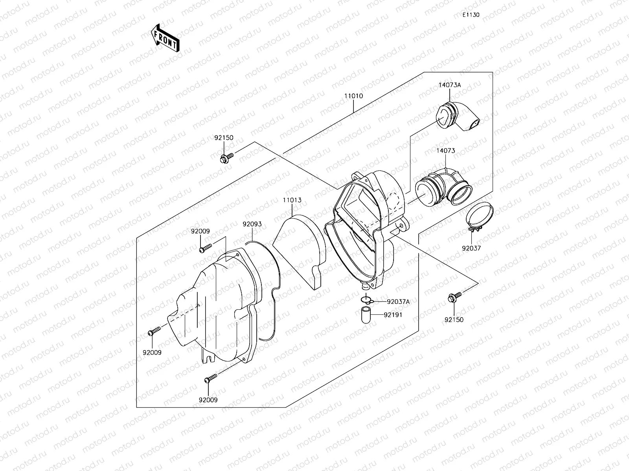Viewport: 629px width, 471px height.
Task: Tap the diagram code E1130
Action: pos(471,15)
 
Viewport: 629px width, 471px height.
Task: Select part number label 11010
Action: pos(354,96)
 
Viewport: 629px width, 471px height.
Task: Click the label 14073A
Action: pos(450,85)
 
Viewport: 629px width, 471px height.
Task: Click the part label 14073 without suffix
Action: pos(445,151)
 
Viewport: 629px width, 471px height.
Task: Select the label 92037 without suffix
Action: pos(471,248)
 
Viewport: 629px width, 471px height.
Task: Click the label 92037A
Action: pos(398,301)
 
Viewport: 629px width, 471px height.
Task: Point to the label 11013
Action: pos(292,200)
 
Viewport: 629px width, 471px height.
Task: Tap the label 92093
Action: pos(252,224)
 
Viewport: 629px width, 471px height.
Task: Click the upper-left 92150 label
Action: pos(224,138)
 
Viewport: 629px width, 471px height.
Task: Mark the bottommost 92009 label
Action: pos(208,400)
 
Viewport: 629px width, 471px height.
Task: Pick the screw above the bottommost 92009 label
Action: pos(211,379)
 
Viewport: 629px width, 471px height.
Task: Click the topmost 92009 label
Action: pos(200,232)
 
